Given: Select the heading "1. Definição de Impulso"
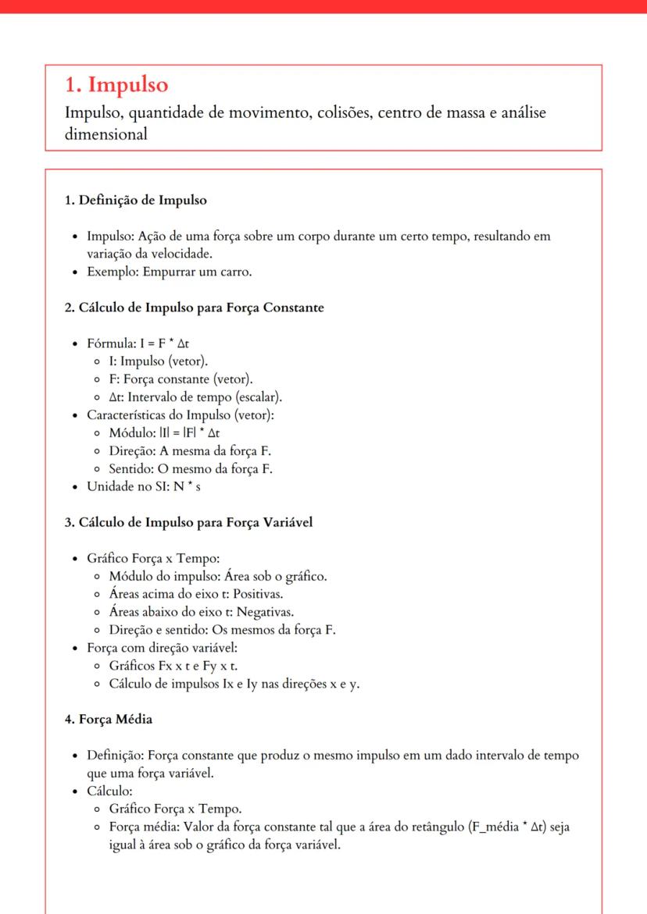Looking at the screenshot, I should [x=135, y=200].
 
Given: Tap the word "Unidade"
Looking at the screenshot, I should [x=112, y=487].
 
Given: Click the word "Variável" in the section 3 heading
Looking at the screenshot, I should [x=286, y=522].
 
